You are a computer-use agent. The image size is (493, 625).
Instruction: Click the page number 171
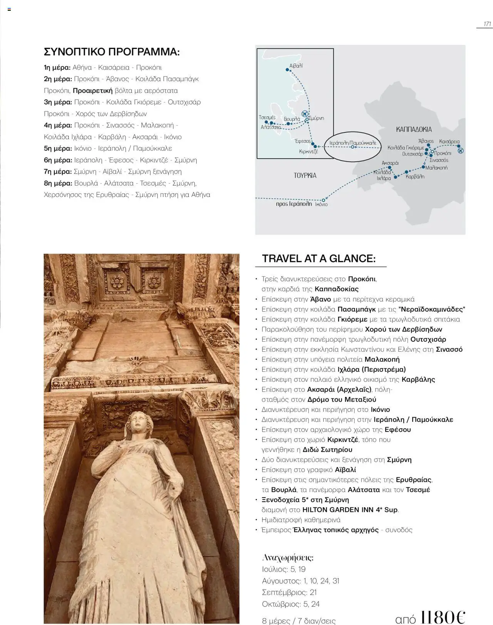(487, 24)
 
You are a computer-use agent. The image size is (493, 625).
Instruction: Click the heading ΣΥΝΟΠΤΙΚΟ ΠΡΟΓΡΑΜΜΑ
(112, 52)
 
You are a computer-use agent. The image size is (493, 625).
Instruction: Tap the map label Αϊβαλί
(296, 66)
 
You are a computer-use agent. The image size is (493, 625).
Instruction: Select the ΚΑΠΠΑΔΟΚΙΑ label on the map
(414, 129)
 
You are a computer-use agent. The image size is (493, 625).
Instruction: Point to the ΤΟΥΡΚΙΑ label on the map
(305, 175)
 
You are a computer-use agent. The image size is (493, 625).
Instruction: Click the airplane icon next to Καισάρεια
(461, 150)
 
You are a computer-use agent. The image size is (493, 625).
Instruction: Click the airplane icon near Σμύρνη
(305, 114)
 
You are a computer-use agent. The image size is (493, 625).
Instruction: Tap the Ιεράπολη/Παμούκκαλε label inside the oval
(353, 143)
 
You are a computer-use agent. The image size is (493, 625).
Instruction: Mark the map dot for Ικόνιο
(324, 200)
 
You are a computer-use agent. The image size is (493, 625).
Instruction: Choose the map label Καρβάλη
(415, 177)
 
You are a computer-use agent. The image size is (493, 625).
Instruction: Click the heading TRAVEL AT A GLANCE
(319, 259)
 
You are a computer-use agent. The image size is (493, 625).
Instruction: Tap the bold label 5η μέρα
(58, 149)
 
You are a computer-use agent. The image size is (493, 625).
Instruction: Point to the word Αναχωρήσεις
(288, 558)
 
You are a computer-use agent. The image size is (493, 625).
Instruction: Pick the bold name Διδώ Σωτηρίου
(327, 450)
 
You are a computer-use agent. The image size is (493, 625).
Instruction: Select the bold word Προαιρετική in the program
(92, 91)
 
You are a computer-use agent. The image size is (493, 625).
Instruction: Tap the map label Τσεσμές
(267, 117)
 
